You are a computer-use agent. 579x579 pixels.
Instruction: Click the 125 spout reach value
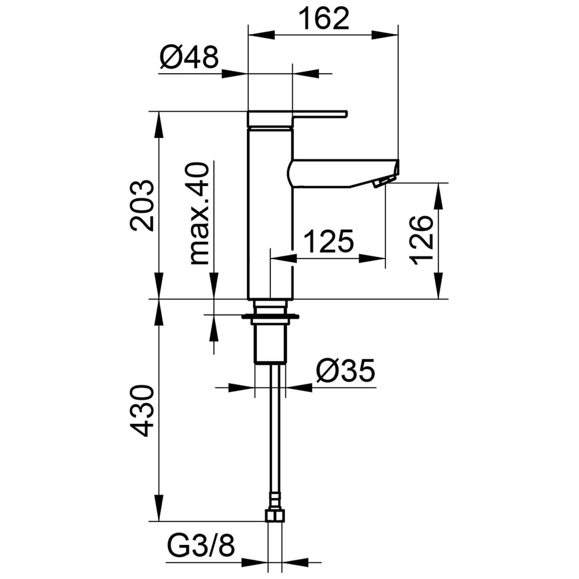tap(329, 241)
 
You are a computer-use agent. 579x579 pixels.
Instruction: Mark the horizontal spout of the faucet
tap(344, 173)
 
